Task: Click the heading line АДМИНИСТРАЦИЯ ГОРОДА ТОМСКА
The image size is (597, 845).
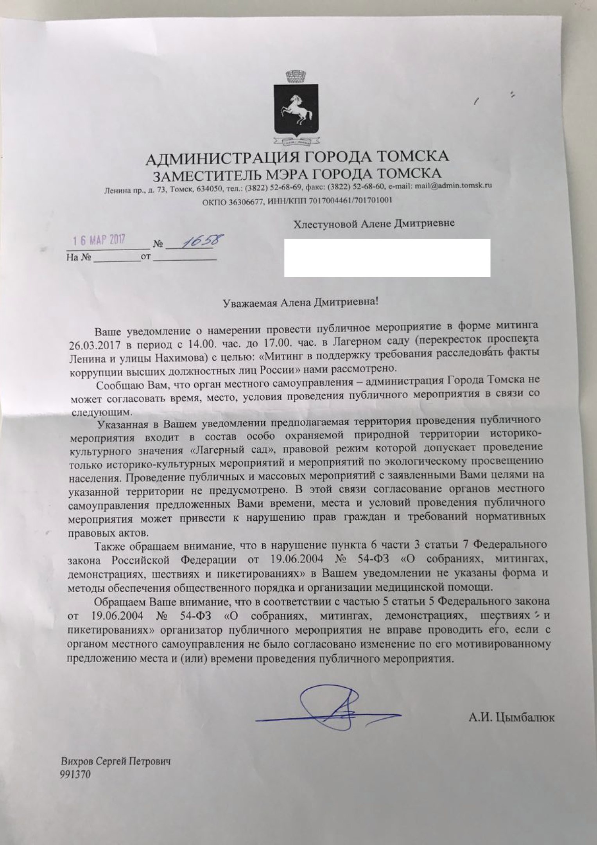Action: (297, 157)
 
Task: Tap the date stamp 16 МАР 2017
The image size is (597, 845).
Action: (100, 240)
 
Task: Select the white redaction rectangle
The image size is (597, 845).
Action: (387, 258)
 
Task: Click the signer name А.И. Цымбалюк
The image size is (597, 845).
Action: (512, 718)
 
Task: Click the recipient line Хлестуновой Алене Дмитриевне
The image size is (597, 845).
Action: (374, 224)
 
